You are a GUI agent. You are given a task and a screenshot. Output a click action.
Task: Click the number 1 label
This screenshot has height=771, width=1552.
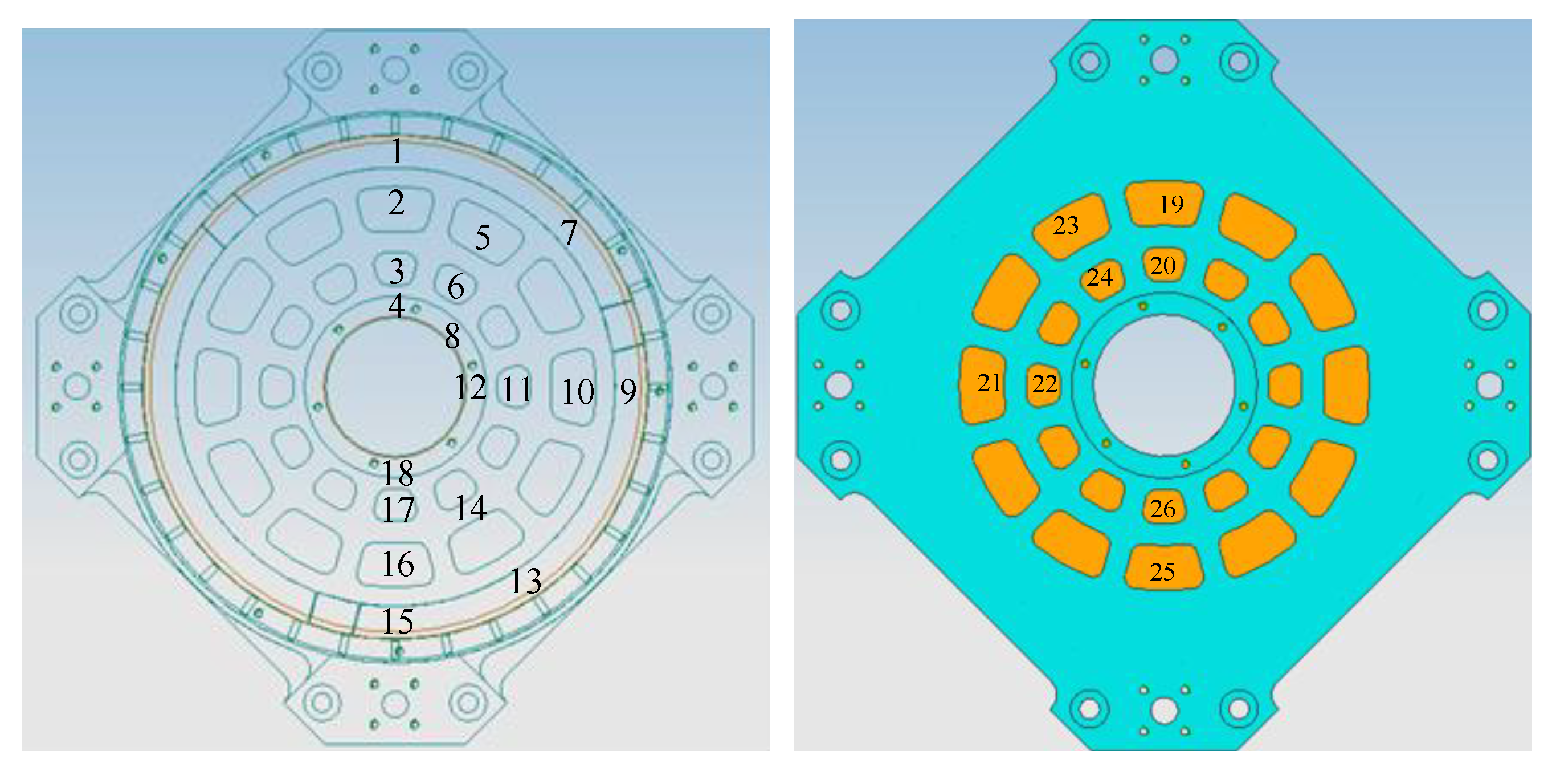[397, 151]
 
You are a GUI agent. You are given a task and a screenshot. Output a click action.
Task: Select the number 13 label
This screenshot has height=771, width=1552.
[526, 581]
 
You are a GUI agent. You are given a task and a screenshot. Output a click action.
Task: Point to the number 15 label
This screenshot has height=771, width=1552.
[398, 622]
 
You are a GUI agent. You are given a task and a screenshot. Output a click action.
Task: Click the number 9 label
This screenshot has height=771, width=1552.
[628, 392]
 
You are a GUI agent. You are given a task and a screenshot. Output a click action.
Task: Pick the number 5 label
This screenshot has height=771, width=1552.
[483, 237]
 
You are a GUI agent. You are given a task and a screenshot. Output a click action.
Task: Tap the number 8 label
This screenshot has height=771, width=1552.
[452, 336]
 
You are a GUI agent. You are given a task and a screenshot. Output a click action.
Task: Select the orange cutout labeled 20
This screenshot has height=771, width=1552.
[1163, 265]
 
